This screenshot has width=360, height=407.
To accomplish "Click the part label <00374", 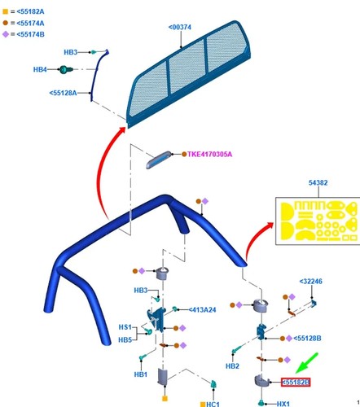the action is pos(179,27).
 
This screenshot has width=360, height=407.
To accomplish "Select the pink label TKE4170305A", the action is pos(209,155).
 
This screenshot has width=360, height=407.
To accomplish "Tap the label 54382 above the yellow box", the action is pos(318,182).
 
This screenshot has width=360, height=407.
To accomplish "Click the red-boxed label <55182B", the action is pos(296,382).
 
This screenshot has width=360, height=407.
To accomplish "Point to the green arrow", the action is pos(307,363).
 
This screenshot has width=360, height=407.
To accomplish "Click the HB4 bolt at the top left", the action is pos(65,70).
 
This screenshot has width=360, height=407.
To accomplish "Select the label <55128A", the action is pos(63,93).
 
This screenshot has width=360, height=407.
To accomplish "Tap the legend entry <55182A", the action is pos(30,11).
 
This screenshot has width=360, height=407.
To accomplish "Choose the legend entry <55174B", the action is pos(30,34).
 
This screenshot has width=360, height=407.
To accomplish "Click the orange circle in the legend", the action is pos(6,23).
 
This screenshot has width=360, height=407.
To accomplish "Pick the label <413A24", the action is pos(202,309).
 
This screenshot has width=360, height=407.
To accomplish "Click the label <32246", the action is pos(311,282).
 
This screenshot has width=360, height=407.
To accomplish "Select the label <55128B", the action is pos(307,339).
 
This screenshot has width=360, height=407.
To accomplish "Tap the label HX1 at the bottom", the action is pos(283,404).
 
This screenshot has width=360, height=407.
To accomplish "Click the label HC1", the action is pos(213,405).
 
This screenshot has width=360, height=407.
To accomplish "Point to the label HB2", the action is pos(232,366).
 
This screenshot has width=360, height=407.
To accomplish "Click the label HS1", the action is pos(125,327).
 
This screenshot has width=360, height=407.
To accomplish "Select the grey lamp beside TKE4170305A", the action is pos(159,160).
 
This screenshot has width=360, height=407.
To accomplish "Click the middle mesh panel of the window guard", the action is pos(187,67).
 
